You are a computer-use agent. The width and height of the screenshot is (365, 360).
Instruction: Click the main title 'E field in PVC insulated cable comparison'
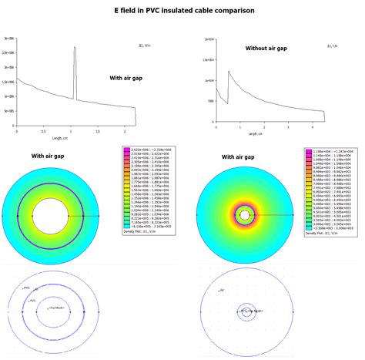click(182, 11)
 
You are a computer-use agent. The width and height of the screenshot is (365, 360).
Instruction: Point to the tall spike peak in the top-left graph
click(75, 49)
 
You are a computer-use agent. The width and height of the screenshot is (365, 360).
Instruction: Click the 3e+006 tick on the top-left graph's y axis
click(7, 38)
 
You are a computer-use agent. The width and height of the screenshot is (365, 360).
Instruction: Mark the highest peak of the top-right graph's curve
click(228, 72)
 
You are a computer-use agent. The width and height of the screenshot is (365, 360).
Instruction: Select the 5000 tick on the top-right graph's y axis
click(208, 101)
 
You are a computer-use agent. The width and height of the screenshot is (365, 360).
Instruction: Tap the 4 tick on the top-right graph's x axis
click(312, 128)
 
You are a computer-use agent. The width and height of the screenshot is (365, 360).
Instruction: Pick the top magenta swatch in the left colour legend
click(127, 151)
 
